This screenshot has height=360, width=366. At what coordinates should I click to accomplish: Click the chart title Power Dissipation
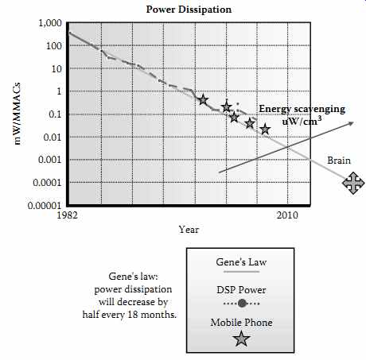[189, 10]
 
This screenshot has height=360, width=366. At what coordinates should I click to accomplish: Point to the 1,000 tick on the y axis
[50, 23]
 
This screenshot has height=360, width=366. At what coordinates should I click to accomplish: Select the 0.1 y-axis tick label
[54, 114]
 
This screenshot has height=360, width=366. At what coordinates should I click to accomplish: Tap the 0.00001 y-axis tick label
[45, 206]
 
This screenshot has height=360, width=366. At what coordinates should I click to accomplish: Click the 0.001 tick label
[49, 160]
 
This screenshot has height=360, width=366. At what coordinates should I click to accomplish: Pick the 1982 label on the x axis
[68, 215]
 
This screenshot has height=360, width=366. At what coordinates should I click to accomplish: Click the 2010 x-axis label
[287, 215]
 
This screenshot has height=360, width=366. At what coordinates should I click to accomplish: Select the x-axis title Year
[189, 230]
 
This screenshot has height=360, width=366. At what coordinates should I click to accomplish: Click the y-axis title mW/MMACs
[17, 114]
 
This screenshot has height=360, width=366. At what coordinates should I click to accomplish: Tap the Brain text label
[339, 161]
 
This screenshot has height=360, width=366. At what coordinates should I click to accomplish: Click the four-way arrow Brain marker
[353, 183]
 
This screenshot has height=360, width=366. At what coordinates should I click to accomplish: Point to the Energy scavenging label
[302, 109]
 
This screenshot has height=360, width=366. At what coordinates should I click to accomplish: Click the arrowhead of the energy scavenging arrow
[351, 123]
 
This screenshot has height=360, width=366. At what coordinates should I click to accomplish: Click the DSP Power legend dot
[242, 304]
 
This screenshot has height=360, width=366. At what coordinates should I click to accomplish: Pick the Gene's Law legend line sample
[241, 272]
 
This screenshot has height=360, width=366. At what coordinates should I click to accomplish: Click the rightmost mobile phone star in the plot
[265, 130]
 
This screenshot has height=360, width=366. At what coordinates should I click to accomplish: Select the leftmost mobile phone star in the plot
[203, 100]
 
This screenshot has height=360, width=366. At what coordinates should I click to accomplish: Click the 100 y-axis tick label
[54, 46]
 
